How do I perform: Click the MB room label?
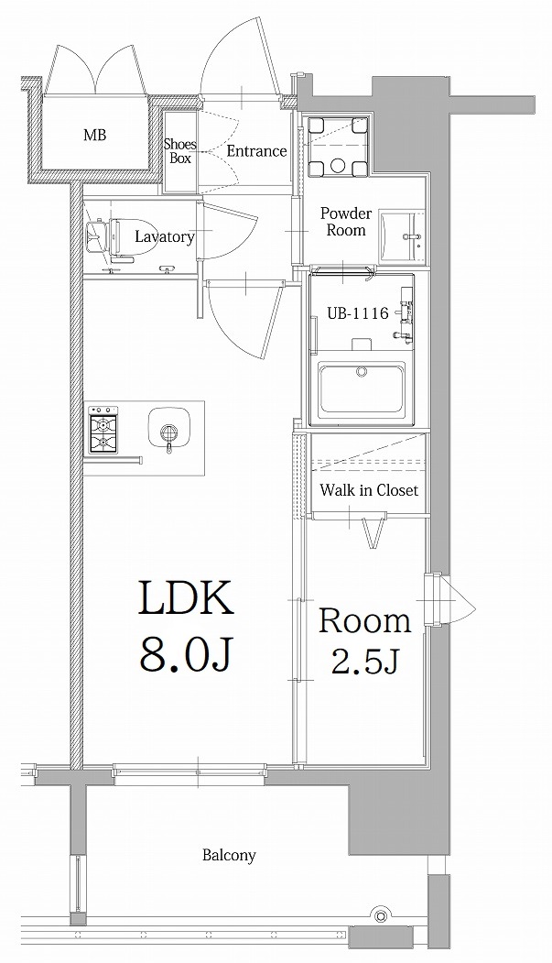coord(94,136)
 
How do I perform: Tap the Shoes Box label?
coord(179,151)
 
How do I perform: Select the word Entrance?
coord(256,151)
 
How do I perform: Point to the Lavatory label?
coord(164,236)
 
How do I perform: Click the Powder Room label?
coord(344,222)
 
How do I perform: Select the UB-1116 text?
coord(358,312)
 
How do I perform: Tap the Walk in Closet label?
coord(368,490)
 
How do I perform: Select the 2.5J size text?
coord(364,662)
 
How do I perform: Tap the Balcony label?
coord(229,856)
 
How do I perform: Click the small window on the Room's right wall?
coord(438,600)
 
